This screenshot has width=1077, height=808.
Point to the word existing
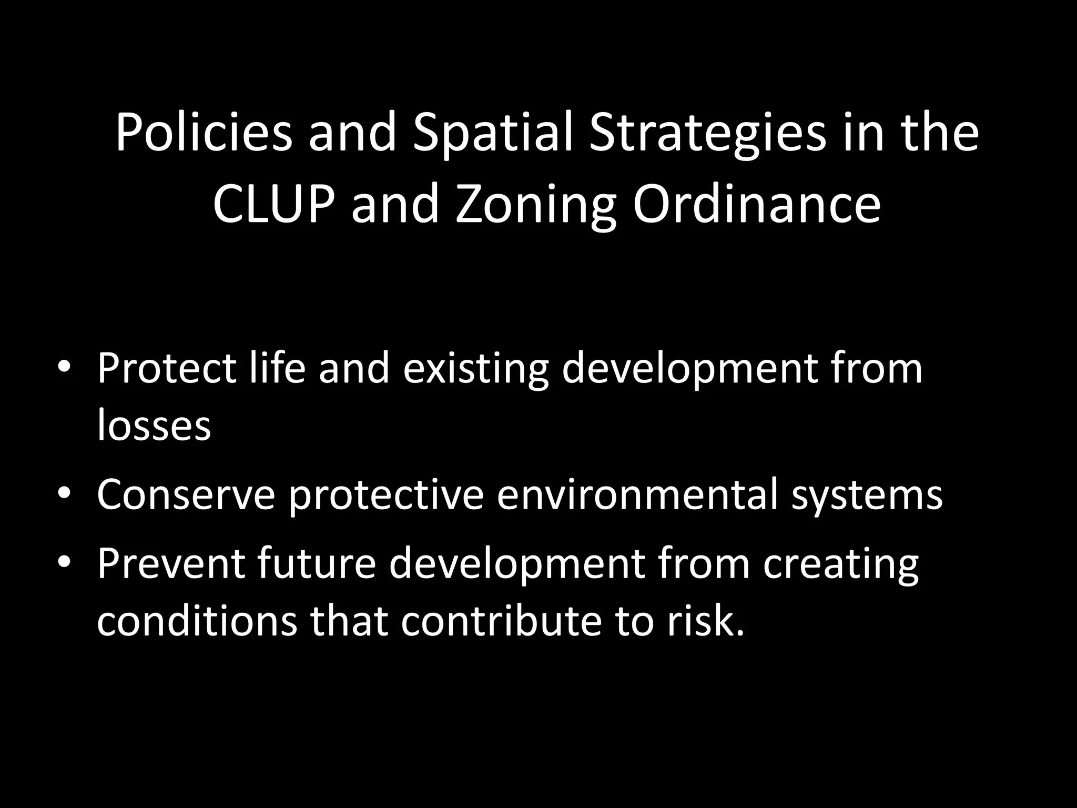pos(476,368)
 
